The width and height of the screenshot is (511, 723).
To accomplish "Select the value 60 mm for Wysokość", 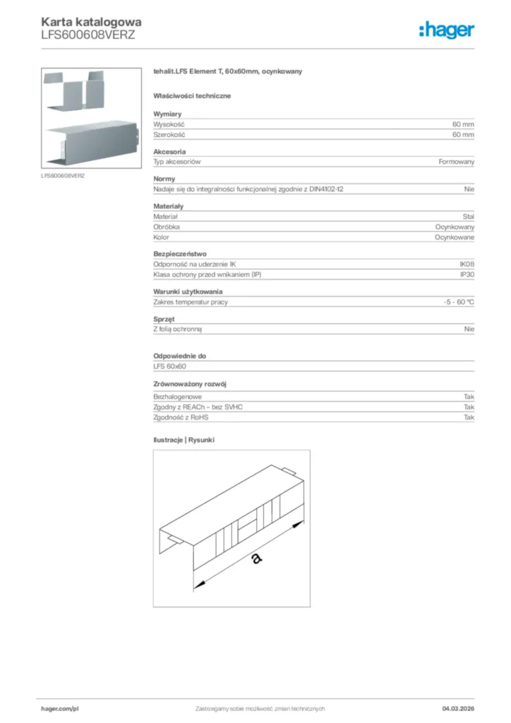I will click(463, 124).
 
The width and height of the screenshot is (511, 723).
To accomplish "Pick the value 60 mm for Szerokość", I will click(463, 134).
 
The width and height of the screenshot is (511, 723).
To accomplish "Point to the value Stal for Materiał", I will click(468, 217).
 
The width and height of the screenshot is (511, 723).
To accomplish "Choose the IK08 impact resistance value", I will click(467, 264).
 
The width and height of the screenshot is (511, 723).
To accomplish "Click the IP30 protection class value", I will click(467, 275).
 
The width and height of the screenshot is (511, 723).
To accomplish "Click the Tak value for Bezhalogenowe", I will click(469, 397).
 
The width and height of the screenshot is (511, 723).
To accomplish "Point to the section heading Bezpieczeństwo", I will click(180, 253).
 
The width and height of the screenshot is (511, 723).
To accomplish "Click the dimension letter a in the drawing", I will click(256, 558).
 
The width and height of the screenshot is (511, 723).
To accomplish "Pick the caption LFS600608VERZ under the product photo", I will click(64, 174).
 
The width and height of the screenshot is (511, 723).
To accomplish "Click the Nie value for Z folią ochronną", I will click(469, 329).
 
